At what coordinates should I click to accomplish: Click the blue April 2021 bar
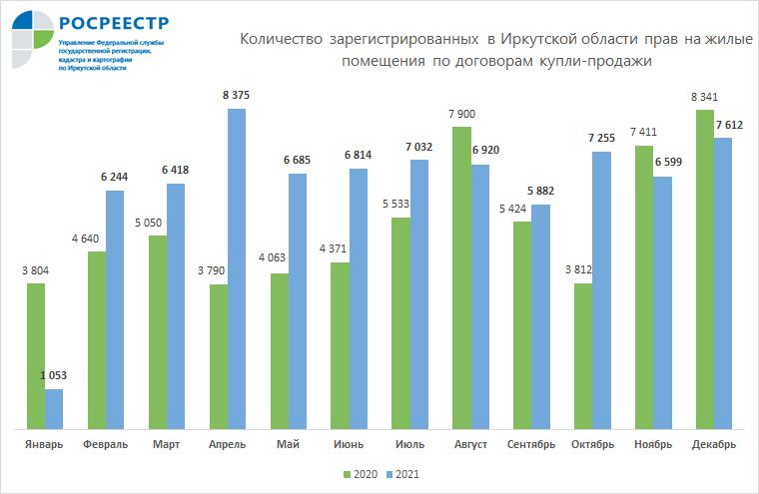point(237,269)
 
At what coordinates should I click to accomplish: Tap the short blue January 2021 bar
point(54,410)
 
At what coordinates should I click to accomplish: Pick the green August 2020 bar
point(461,278)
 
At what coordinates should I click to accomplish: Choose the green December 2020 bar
point(704,270)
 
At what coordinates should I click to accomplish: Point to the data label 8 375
point(237,96)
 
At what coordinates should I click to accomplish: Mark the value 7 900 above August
point(461,114)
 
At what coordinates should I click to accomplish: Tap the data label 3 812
point(582,270)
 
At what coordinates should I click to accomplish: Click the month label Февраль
point(105,443)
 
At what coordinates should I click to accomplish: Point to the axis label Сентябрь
point(532,443)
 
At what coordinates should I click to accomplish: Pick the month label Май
point(289,443)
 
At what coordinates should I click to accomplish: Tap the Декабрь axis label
point(714,443)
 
